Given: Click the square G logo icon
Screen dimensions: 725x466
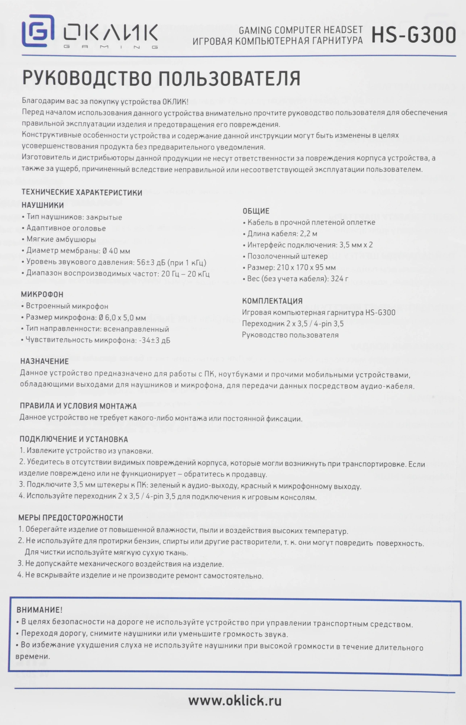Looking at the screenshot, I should tap(38, 31).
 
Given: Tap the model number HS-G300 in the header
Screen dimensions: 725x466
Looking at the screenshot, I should tap(413, 35).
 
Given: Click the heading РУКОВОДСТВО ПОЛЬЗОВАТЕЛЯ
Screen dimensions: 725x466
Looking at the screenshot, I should tap(161, 78).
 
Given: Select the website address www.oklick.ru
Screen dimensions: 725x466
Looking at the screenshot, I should tap(235, 700).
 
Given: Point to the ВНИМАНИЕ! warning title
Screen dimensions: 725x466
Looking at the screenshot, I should tap(39, 610).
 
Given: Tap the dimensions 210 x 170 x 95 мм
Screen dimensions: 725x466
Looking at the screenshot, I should tap(306, 267).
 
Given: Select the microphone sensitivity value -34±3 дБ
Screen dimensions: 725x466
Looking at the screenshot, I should tap(154, 340).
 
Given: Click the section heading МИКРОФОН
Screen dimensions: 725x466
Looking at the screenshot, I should tap(42, 294).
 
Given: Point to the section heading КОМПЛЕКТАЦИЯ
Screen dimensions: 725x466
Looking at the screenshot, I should tap(272, 301).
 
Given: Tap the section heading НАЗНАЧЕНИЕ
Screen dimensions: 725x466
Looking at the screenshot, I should tap(44, 361).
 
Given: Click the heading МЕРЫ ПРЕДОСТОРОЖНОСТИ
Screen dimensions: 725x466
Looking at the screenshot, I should tap(71, 518).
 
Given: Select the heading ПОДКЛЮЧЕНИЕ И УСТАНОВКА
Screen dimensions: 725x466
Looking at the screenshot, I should tap(74, 439).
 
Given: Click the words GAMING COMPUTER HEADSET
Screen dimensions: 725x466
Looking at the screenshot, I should tap(300, 30).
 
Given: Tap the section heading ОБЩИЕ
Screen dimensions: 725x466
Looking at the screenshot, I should tap(256, 211).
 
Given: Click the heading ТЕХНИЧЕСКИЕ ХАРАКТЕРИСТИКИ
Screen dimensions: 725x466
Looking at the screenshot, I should tap(82, 192).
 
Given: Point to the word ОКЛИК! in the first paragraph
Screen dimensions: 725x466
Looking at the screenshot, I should tap(175, 101).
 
